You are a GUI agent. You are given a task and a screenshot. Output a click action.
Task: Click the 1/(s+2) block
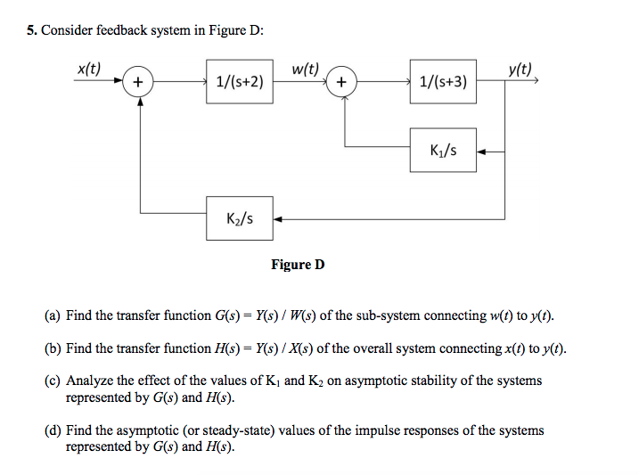click(x=239, y=83)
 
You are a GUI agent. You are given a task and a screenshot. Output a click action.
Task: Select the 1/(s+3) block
click(x=443, y=83)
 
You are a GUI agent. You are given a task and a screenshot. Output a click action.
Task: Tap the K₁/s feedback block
click(x=443, y=151)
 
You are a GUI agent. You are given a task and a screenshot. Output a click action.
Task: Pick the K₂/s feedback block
click(x=239, y=219)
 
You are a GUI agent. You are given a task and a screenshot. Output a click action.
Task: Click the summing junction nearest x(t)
click(x=137, y=83)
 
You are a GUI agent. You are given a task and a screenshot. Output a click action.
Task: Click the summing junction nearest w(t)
click(x=342, y=83)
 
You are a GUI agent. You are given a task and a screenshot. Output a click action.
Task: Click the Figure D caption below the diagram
click(x=298, y=265)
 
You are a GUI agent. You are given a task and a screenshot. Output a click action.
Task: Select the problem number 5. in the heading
click(x=31, y=30)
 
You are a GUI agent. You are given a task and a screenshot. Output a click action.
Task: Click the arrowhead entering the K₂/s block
click(x=277, y=219)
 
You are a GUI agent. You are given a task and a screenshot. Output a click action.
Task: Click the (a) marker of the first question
click(x=53, y=315)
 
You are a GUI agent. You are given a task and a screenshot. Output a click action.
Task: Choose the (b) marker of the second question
click(x=53, y=348)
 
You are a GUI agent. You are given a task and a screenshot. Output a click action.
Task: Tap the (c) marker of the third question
click(x=53, y=381)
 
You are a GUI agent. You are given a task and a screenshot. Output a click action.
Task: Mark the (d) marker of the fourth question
click(x=53, y=430)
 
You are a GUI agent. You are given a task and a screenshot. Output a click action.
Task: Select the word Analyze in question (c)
click(x=92, y=381)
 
